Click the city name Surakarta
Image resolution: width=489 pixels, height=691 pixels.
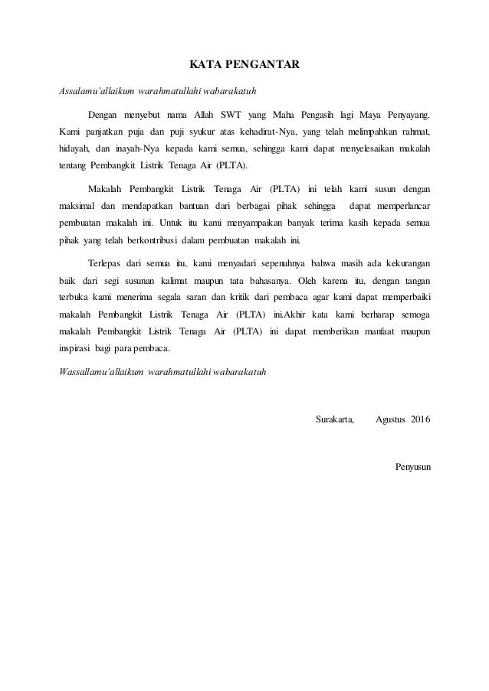tap(335, 420)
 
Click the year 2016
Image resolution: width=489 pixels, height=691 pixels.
tap(421, 420)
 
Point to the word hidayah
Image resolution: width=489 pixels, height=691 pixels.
tap(75, 148)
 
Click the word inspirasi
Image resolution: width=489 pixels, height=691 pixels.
tap(75, 347)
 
